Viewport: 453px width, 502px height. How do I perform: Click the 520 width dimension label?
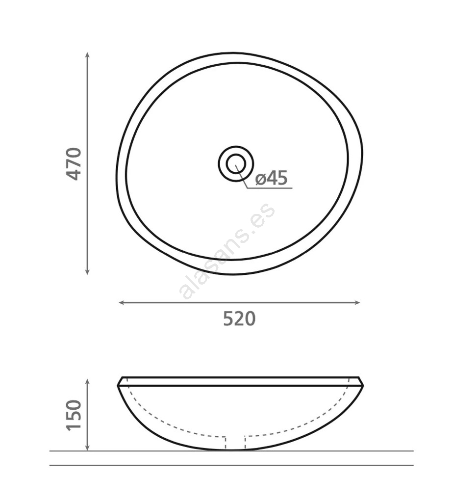(x=239, y=318)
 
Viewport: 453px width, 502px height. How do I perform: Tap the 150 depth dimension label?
(x=74, y=415)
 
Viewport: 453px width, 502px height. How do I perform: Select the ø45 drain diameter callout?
(x=272, y=178)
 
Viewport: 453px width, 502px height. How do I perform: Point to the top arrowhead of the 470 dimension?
(x=87, y=54)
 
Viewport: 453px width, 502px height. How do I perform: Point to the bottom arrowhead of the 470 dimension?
(x=87, y=272)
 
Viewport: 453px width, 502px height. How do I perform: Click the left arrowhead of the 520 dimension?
(x=121, y=303)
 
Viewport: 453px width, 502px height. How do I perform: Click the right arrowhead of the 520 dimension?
(x=357, y=303)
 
